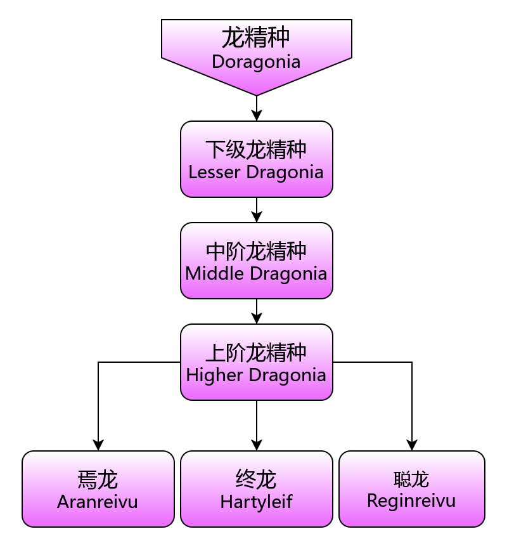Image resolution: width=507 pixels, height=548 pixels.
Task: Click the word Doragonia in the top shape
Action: (x=256, y=62)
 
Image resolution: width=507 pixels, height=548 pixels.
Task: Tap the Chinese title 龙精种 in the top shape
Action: (x=256, y=38)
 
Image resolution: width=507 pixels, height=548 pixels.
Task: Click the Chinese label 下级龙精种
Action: (x=256, y=150)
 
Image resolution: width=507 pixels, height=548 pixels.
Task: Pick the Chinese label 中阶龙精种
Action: (x=256, y=251)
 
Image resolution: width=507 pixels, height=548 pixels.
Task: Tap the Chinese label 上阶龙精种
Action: (x=256, y=353)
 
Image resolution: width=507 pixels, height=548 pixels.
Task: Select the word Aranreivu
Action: (x=98, y=502)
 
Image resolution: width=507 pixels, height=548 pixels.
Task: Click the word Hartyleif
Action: (x=256, y=502)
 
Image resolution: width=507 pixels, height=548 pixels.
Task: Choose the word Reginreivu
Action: (x=412, y=500)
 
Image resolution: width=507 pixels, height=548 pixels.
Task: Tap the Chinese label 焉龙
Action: (x=98, y=480)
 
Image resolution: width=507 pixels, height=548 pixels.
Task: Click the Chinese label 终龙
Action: (x=256, y=480)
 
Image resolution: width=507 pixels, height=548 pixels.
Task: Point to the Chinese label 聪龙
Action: (x=412, y=480)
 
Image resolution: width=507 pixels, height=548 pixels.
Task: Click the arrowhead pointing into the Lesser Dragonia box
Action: (x=256, y=115)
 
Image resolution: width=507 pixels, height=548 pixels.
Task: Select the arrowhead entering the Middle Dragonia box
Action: (x=256, y=217)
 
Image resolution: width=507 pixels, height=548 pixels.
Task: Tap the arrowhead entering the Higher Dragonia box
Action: (x=256, y=318)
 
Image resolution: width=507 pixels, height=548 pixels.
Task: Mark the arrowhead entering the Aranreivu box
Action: (x=98, y=445)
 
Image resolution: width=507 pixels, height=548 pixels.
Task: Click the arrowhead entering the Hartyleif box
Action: (x=256, y=445)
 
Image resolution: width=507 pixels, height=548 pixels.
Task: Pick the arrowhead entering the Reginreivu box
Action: (x=412, y=445)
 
